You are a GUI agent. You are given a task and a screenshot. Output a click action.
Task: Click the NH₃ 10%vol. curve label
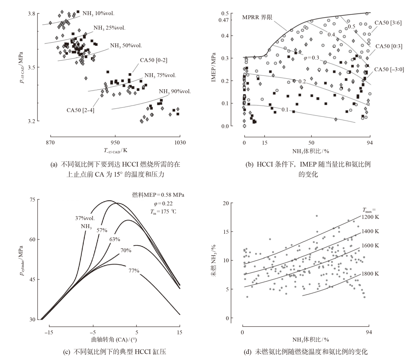tap(98, 13)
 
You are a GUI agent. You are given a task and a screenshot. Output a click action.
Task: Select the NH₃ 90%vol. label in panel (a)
tap(175, 92)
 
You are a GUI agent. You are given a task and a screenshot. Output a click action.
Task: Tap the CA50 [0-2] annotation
tap(154, 60)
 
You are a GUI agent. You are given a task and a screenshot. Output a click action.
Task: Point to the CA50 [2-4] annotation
tap(80, 110)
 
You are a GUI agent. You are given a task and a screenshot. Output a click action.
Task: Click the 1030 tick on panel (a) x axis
tap(180, 142)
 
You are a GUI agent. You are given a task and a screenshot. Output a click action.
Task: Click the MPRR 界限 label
tap(257, 17)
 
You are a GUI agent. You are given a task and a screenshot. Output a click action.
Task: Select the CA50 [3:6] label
tap(388, 23)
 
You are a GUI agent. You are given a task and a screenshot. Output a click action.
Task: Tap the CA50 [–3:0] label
tap(389, 69)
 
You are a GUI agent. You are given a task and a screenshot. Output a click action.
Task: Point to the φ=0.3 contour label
tap(311, 58)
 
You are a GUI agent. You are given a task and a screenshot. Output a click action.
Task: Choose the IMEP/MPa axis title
tap(214, 67)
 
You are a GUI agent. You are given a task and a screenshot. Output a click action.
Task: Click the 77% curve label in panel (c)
tap(134, 271)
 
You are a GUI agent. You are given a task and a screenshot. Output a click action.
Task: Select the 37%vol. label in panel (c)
tap(85, 218)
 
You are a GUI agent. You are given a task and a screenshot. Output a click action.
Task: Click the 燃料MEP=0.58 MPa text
tap(158, 195)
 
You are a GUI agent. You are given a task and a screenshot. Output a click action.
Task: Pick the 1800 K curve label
tap(370, 274)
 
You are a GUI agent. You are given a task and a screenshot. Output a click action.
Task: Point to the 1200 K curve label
tap(370, 217)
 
